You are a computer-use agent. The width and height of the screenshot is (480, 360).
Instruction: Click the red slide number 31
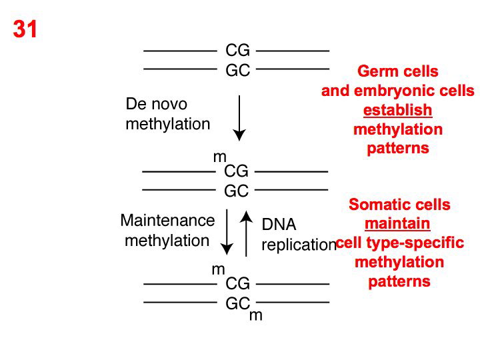click(25, 30)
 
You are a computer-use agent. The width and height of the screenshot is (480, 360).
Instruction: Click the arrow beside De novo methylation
click(240, 117)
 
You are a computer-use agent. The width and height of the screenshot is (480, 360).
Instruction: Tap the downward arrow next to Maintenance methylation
click(227, 231)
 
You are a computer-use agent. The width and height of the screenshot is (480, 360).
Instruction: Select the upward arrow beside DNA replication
click(247, 233)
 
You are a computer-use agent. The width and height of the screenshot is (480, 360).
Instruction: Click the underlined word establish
click(397, 109)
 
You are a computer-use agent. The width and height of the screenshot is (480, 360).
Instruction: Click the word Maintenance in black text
click(168, 221)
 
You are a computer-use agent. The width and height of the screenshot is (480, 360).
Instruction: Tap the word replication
click(299, 245)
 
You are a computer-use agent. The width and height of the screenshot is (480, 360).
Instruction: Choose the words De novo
click(157, 105)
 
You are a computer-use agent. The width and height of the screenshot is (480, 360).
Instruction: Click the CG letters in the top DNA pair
click(237, 51)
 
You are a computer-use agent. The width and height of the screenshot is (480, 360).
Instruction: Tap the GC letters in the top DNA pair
click(237, 69)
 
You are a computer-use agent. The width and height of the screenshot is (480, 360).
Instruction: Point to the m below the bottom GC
click(256, 316)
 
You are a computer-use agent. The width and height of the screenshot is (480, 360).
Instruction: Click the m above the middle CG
click(219, 157)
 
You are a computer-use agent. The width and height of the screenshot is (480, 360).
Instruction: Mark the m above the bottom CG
click(218, 270)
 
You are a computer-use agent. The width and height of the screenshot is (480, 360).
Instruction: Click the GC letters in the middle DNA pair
click(236, 191)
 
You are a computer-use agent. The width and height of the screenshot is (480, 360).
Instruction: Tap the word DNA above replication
click(278, 225)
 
